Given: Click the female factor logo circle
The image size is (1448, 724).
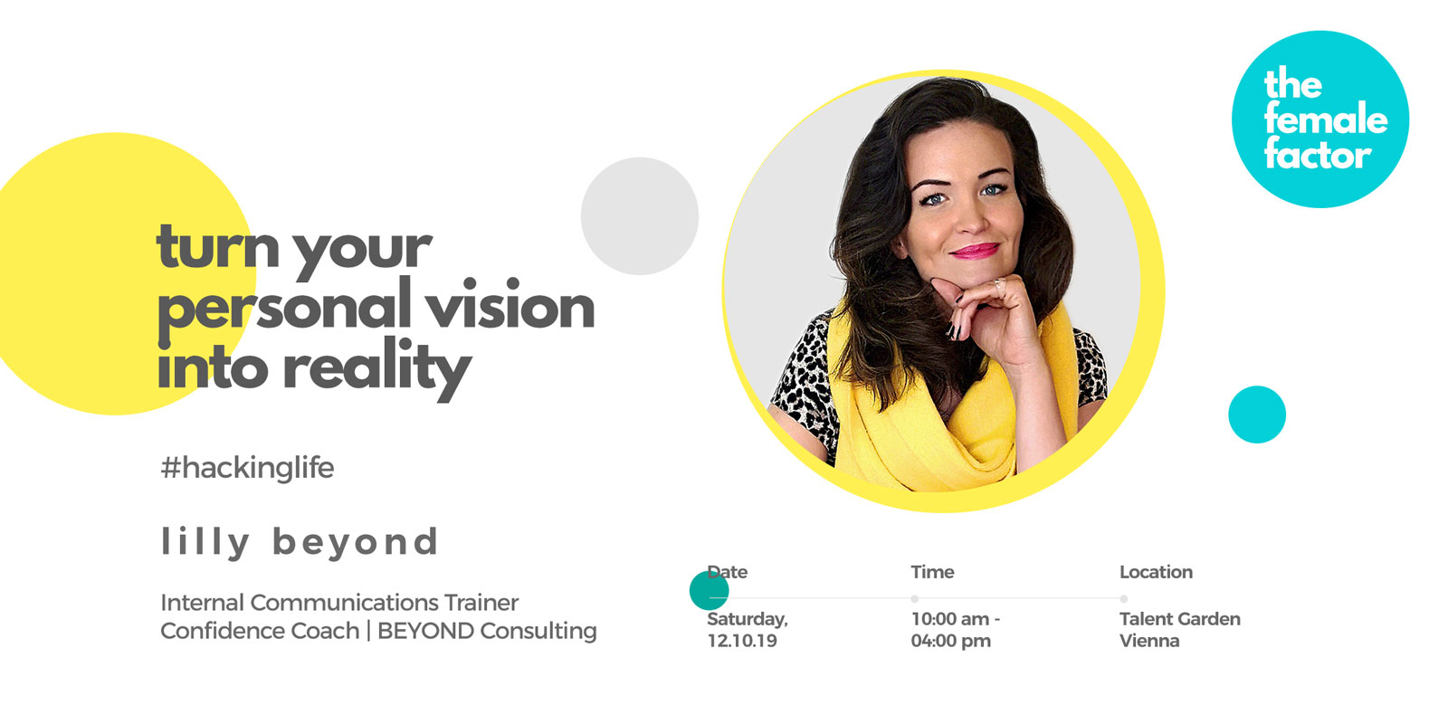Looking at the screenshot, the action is coord(1320,119).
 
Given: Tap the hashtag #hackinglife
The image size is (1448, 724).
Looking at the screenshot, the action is coord(247,467).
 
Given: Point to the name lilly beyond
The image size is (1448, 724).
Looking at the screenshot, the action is coord(300,542).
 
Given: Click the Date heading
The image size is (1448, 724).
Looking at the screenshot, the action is coord(728,572).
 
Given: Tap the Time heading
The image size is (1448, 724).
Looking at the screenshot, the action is coord(932,572).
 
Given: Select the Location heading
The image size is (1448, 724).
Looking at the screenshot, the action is coord(1156,572).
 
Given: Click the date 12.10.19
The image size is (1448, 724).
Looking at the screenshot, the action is coord(742,642).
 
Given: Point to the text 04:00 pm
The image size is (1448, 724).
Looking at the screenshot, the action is coord(951,642).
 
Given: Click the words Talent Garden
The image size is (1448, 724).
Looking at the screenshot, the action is coord(1180,619).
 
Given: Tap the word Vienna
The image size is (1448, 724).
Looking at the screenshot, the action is coord(1149,642).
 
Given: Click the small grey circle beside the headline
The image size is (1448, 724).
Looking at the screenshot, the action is coord(639,216).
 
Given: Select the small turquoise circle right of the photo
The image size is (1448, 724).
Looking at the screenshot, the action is coord(1257,414).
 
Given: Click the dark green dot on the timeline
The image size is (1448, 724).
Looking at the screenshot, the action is coord(710,590).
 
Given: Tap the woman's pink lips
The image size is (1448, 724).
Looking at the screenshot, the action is coord(975,250).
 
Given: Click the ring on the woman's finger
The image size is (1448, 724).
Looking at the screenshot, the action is coord(998,283).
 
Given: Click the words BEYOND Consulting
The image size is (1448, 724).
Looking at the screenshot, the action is coord(487,631).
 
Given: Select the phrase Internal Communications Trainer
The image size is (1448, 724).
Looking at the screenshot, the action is coord(339,603).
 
